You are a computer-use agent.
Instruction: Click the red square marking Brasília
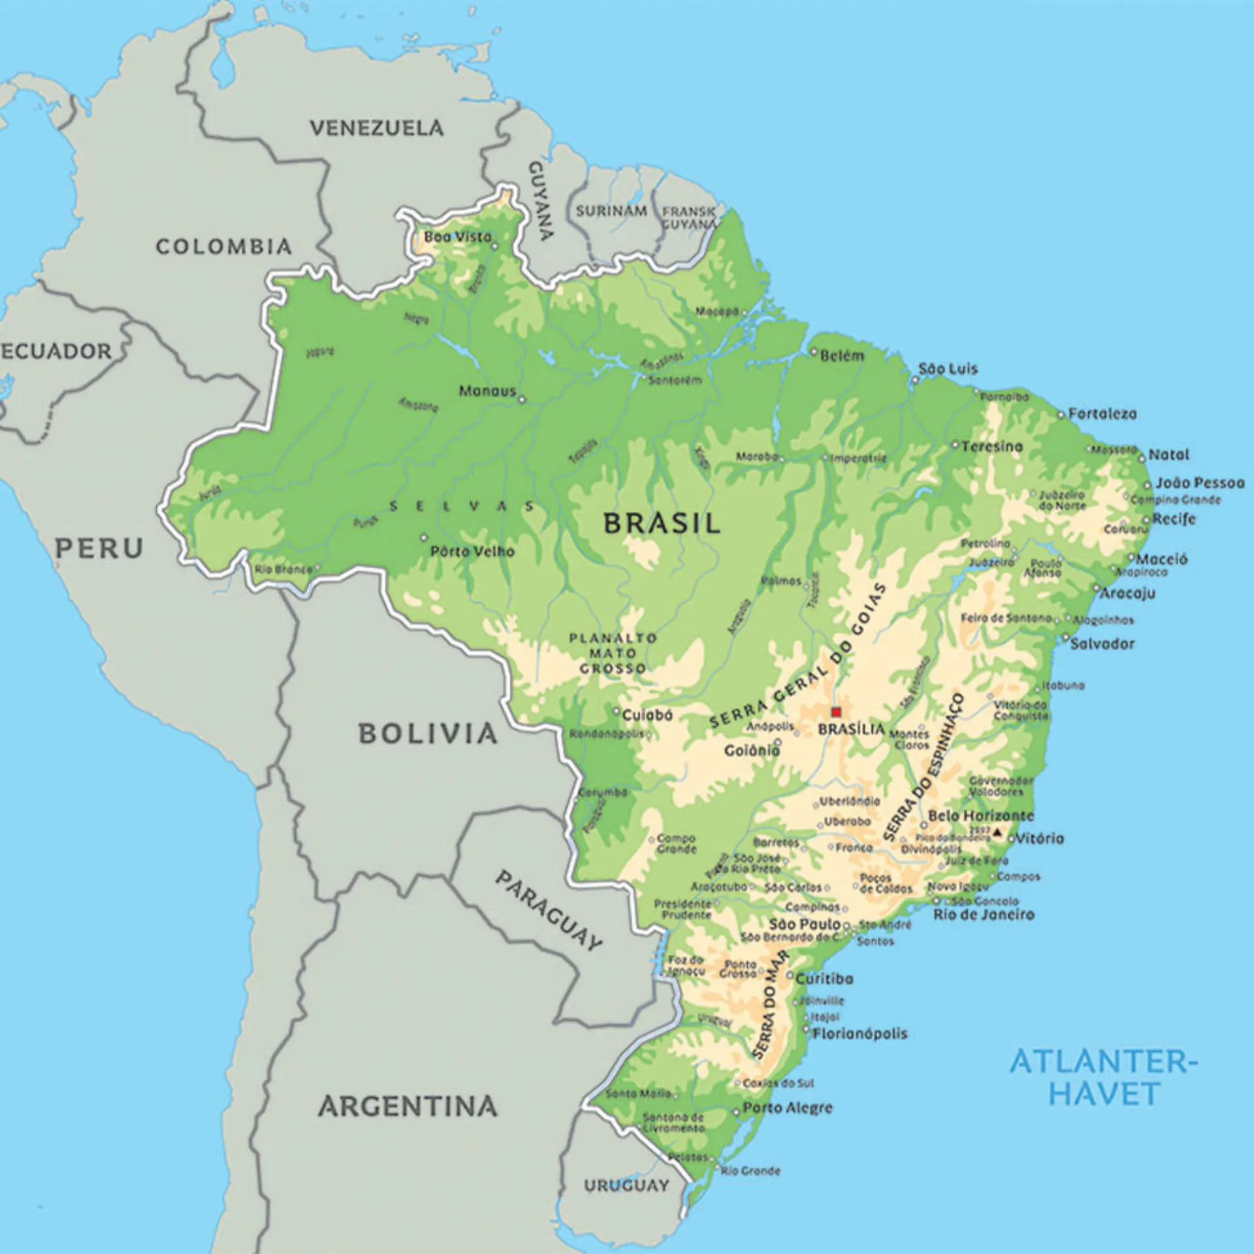(835, 712)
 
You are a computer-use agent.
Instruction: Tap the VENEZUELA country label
(376, 128)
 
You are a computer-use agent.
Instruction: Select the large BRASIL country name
(661, 524)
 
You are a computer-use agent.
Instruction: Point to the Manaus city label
(487, 391)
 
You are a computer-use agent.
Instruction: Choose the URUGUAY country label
(626, 1185)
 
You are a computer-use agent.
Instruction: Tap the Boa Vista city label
(457, 237)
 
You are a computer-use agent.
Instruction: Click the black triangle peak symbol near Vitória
(997, 832)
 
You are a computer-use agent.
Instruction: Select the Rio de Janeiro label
(984, 914)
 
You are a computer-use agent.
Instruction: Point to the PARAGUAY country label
(549, 910)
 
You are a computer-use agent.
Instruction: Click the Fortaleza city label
(1102, 414)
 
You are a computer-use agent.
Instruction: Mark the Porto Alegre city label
(788, 1108)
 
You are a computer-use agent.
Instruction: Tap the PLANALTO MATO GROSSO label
(613, 653)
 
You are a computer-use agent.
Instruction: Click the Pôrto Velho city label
(472, 552)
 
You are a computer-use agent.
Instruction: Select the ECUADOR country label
(56, 351)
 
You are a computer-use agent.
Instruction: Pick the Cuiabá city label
(647, 715)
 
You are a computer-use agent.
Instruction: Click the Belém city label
(842, 356)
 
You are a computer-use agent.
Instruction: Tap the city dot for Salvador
(1065, 637)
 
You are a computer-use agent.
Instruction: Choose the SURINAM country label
(611, 211)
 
